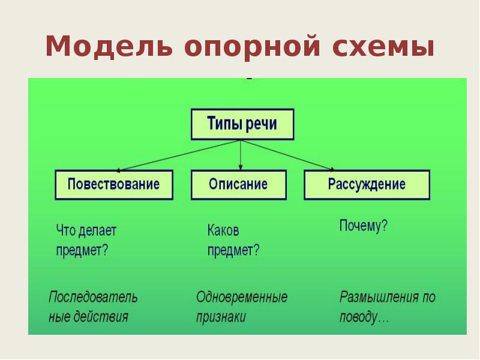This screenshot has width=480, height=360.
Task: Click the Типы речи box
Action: pos(242,124)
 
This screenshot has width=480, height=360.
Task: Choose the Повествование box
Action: pos(114,184)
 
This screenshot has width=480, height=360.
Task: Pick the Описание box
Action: pos(238,184)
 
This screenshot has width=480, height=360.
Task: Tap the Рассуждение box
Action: pos(367,184)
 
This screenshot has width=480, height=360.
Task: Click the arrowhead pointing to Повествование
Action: pos(119,170)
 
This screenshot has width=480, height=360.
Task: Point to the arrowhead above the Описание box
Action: pos(241,167)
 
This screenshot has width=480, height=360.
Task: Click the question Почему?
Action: pos(364,226)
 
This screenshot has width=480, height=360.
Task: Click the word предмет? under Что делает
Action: pos(82,250)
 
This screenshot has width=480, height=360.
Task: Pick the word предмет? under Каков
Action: pos(233,250)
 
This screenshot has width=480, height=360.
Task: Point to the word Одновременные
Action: pos(242,297)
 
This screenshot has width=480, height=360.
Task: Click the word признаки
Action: pos(221,317)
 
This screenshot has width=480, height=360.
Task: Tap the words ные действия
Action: pos(88,317)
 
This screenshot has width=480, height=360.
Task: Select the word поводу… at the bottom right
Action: pos(364,317)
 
